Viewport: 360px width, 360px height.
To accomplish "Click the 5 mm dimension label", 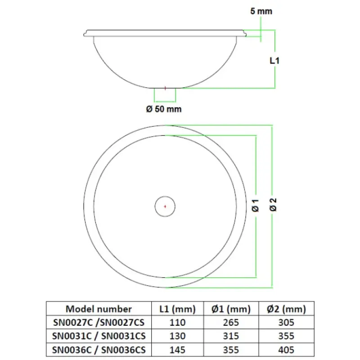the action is [261, 11].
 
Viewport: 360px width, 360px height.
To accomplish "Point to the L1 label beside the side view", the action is [274, 61].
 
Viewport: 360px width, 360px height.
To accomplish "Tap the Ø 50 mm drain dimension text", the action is [164, 109].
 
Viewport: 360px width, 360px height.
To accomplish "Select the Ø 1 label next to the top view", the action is [255, 206].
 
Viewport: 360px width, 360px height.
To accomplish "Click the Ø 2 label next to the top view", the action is [273, 205].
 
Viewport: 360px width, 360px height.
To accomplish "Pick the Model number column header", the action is [99, 309].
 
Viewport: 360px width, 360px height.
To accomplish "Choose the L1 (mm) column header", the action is [177, 309].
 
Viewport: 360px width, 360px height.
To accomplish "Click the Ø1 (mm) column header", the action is [231, 309].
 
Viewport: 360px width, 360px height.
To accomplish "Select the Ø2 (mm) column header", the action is [286, 309].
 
